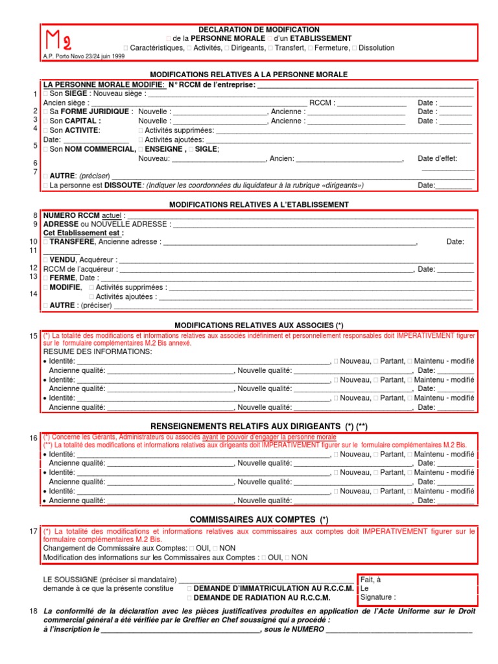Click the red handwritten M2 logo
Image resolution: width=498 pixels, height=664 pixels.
click(58, 41)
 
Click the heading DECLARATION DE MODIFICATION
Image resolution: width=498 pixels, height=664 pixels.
click(259, 30)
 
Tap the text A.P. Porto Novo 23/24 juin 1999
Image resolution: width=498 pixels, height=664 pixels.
click(84, 56)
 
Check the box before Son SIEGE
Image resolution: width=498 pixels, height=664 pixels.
click(45, 94)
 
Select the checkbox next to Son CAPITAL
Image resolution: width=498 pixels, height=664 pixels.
click(45, 121)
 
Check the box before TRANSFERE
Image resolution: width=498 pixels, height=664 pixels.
click(45, 242)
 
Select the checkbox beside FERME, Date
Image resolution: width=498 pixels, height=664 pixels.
click(45, 278)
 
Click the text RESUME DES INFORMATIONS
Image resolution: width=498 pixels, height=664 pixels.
click(97, 351)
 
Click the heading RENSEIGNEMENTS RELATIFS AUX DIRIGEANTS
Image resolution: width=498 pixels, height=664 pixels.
click(259, 425)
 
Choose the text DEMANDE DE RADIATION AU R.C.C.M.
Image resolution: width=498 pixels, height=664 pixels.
click(262, 598)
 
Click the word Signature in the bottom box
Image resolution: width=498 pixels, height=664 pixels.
click(377, 598)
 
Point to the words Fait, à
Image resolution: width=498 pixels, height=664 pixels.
click(371, 580)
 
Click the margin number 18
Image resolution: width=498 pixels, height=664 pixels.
click(34, 612)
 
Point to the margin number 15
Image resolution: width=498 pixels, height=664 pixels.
click(34, 336)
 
